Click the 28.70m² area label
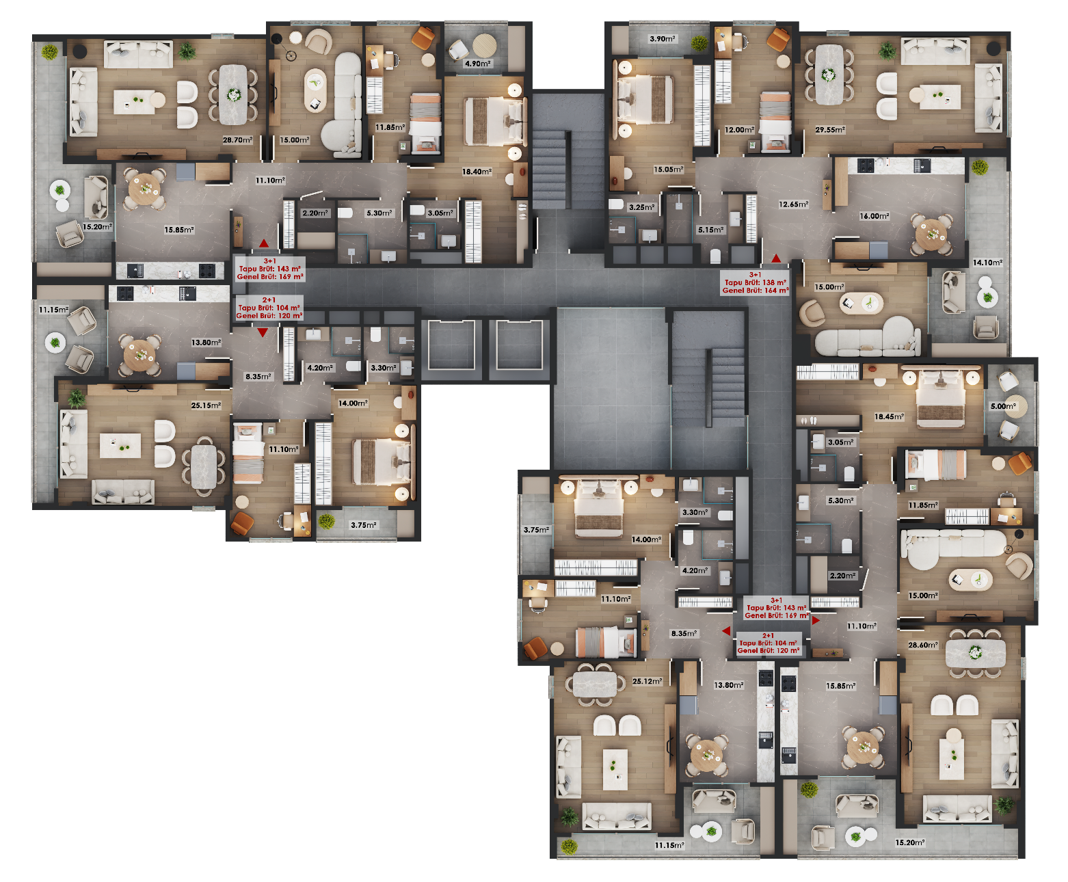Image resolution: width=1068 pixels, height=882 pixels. [x=237, y=139]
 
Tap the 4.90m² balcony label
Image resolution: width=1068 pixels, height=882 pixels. [x=477, y=64]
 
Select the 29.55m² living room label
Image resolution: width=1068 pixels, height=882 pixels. [x=829, y=130]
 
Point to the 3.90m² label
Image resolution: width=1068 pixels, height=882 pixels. [x=662, y=39]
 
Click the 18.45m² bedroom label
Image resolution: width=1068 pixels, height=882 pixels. [x=888, y=416]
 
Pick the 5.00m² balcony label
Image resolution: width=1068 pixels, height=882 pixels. [x=1002, y=406]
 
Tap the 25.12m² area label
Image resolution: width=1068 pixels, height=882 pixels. [x=647, y=681]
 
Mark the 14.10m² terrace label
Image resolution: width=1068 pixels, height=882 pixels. [x=987, y=263]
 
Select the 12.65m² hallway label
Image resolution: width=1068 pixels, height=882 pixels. [x=793, y=204]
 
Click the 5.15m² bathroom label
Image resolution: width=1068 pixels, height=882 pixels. [x=710, y=230]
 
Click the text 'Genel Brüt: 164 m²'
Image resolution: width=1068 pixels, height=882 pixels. [x=755, y=290]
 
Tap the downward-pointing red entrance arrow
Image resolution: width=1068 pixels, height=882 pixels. [x=263, y=332]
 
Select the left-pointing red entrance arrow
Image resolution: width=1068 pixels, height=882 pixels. [x=726, y=631]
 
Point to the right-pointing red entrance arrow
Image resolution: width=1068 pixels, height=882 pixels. [x=815, y=620]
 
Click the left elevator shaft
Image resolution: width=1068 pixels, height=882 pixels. [x=452, y=345]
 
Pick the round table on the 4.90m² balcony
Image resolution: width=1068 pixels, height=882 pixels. [x=484, y=46]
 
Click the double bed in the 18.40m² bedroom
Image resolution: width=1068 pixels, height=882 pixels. [x=495, y=121]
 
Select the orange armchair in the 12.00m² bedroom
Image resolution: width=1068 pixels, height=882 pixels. [x=779, y=40]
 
